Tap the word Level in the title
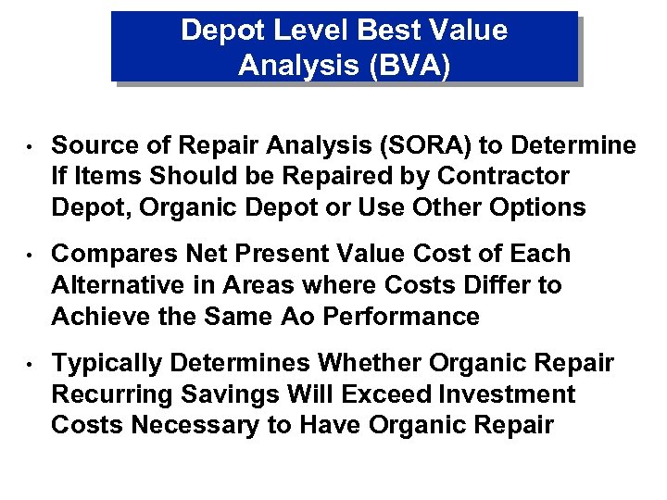click(x=305, y=30)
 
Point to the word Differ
click(x=486, y=284)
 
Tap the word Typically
click(x=107, y=363)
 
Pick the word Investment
click(x=508, y=394)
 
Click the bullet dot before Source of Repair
click(x=30, y=147)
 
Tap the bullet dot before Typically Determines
click(x=30, y=364)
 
